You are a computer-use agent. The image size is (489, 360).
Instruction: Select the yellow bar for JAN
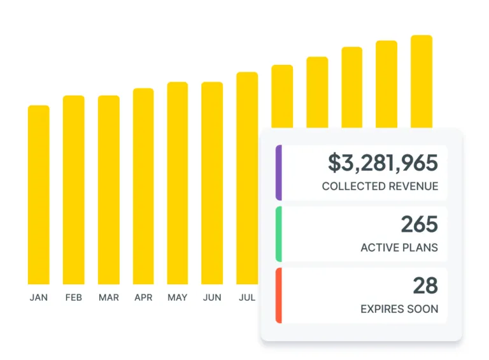point(38,194)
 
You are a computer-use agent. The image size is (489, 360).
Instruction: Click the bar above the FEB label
point(73,190)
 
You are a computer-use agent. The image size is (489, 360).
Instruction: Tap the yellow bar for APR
point(143,186)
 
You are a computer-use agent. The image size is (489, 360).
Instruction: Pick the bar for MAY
point(178,183)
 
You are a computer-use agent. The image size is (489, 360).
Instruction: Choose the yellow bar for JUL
point(247,178)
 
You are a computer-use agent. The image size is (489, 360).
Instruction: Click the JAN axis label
point(38,298)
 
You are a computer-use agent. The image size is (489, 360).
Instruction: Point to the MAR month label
point(108,298)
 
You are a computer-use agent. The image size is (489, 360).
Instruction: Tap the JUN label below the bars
point(212,298)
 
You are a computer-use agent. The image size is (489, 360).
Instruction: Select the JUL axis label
point(247,298)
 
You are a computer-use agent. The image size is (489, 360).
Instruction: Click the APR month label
point(143,298)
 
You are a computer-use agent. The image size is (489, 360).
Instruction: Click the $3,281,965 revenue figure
point(383,163)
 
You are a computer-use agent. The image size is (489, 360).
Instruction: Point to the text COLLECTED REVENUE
point(380,187)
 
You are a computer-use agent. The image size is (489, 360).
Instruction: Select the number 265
point(419,224)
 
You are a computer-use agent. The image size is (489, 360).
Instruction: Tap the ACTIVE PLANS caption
point(399,248)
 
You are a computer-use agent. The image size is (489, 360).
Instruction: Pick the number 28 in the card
point(425,285)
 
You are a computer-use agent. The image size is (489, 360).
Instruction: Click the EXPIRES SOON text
point(399,309)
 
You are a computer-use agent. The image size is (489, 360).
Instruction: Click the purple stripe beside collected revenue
point(279,173)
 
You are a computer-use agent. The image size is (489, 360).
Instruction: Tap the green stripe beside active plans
point(279,234)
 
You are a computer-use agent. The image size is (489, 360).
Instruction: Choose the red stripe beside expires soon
point(279,295)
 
